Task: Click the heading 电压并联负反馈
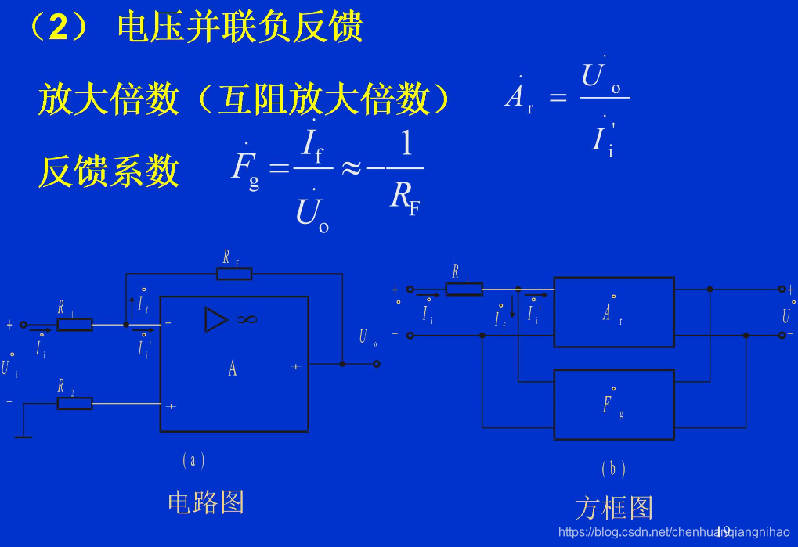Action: (239, 28)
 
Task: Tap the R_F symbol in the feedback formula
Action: (405, 196)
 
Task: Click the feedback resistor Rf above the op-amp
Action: (234, 273)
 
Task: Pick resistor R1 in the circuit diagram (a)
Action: (75, 324)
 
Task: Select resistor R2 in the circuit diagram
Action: (75, 403)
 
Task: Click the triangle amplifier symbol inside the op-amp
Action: (215, 319)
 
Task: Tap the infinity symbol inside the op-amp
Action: (247, 319)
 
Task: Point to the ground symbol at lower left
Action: (23, 435)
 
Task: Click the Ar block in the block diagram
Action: (613, 311)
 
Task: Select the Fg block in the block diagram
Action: (613, 405)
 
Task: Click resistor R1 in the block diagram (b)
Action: (464, 289)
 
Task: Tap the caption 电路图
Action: (206, 502)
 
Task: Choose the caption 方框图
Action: (613, 507)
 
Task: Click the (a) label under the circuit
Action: (193, 460)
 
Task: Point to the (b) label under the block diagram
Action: (613, 469)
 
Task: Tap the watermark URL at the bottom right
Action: (673, 532)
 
